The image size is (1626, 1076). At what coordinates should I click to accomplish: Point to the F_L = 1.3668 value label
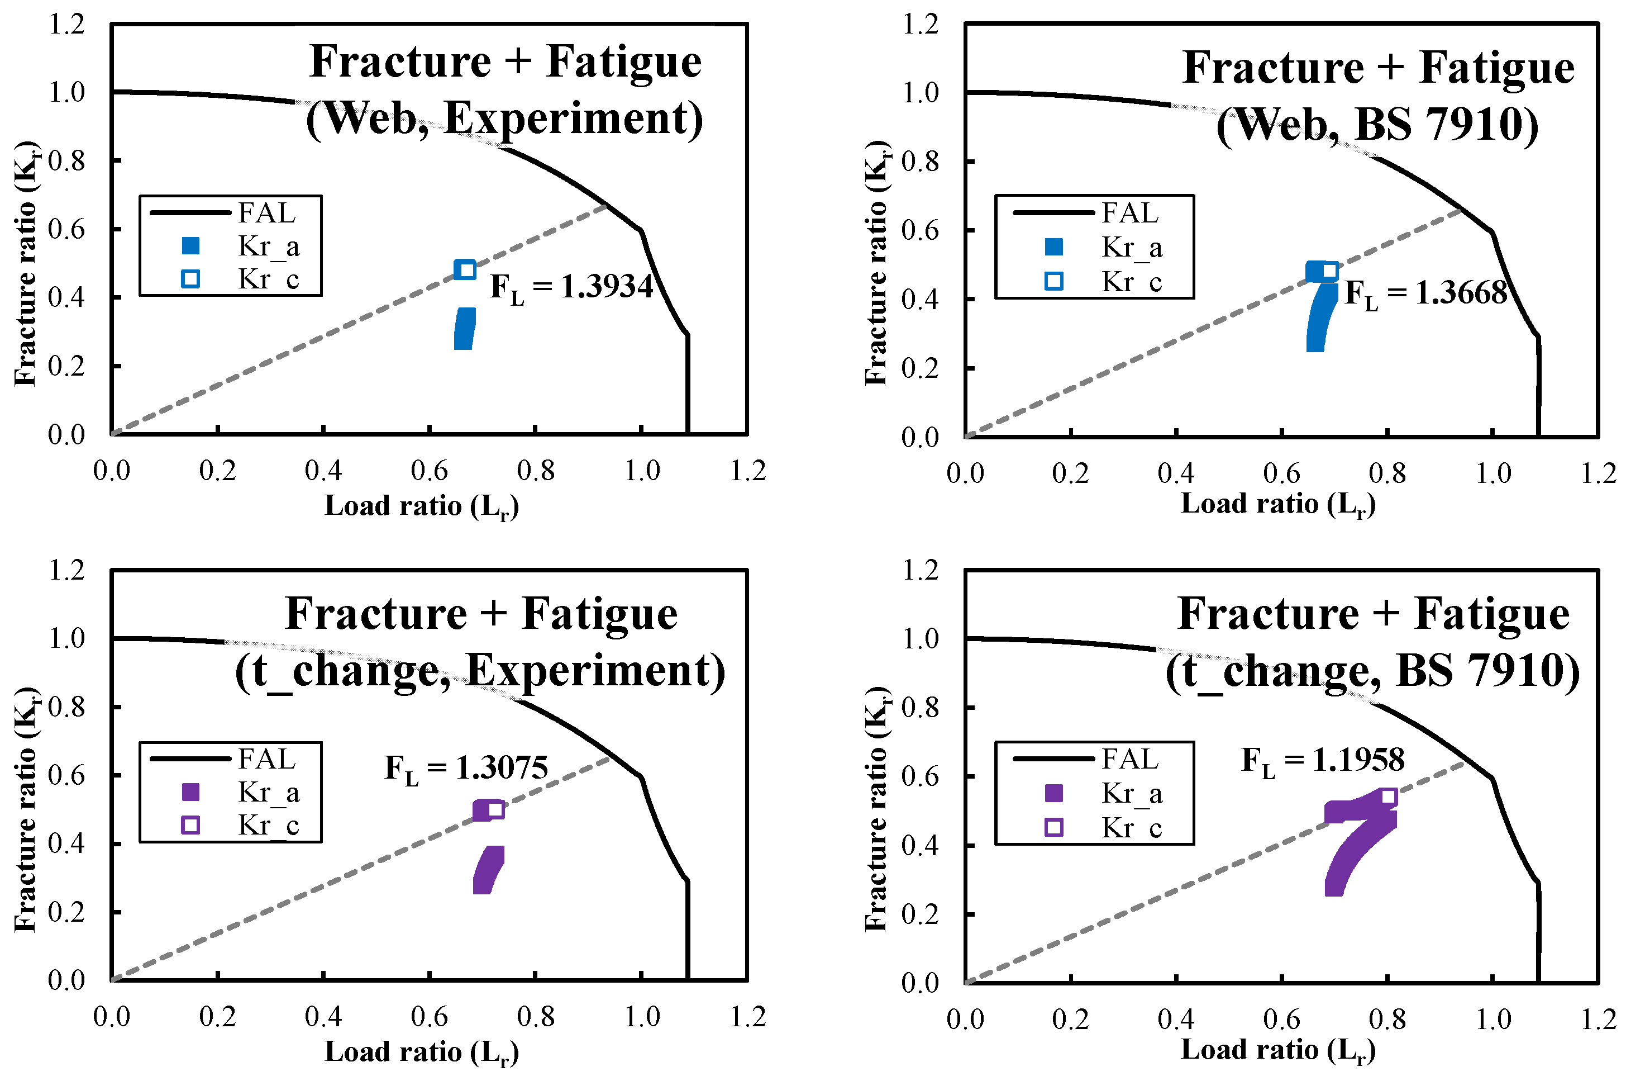1425,293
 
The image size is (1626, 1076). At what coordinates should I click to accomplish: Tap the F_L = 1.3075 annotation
466,768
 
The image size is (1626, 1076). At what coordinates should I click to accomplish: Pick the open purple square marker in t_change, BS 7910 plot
1388,797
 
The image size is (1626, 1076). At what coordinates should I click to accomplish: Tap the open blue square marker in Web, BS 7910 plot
1329,271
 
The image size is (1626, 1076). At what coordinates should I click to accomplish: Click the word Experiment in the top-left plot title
573,118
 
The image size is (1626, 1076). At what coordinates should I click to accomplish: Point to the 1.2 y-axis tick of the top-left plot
66,25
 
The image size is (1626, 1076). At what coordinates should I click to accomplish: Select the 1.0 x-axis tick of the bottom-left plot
642,1017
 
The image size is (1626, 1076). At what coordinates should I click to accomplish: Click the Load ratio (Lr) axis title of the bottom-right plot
1277,1050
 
